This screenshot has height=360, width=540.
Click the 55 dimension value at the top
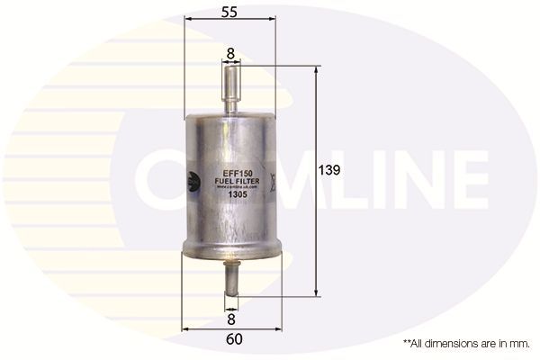coord(229,13)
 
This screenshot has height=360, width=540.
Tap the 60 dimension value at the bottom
coord(233,339)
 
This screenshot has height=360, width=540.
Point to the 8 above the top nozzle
coord(230,54)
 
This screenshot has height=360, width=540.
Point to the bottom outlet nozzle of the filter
coord(231,278)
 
